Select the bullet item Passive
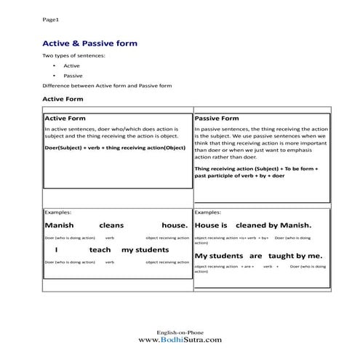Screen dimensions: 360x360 pos(73,76)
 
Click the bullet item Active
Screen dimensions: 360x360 pos(71,66)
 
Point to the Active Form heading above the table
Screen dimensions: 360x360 pos(63,98)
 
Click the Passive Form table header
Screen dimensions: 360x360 pos(217,118)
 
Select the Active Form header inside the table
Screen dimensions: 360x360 pos(65,118)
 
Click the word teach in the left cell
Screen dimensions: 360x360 pos(100,249)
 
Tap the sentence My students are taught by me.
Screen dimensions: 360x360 pos(257,256)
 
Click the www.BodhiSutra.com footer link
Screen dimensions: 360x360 pos(180,339)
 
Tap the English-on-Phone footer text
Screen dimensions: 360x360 pos(180,331)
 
